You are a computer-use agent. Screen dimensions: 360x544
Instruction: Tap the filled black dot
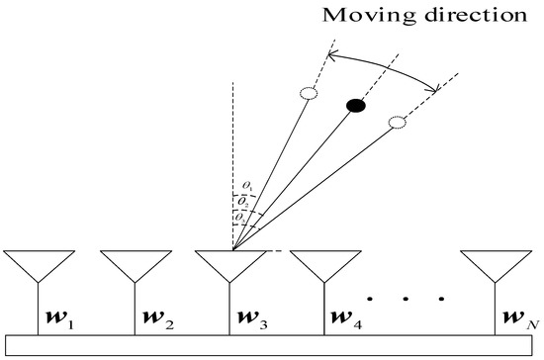(x=355, y=104)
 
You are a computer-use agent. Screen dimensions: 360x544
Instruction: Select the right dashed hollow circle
(x=397, y=123)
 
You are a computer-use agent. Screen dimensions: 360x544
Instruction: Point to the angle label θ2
(x=246, y=200)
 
